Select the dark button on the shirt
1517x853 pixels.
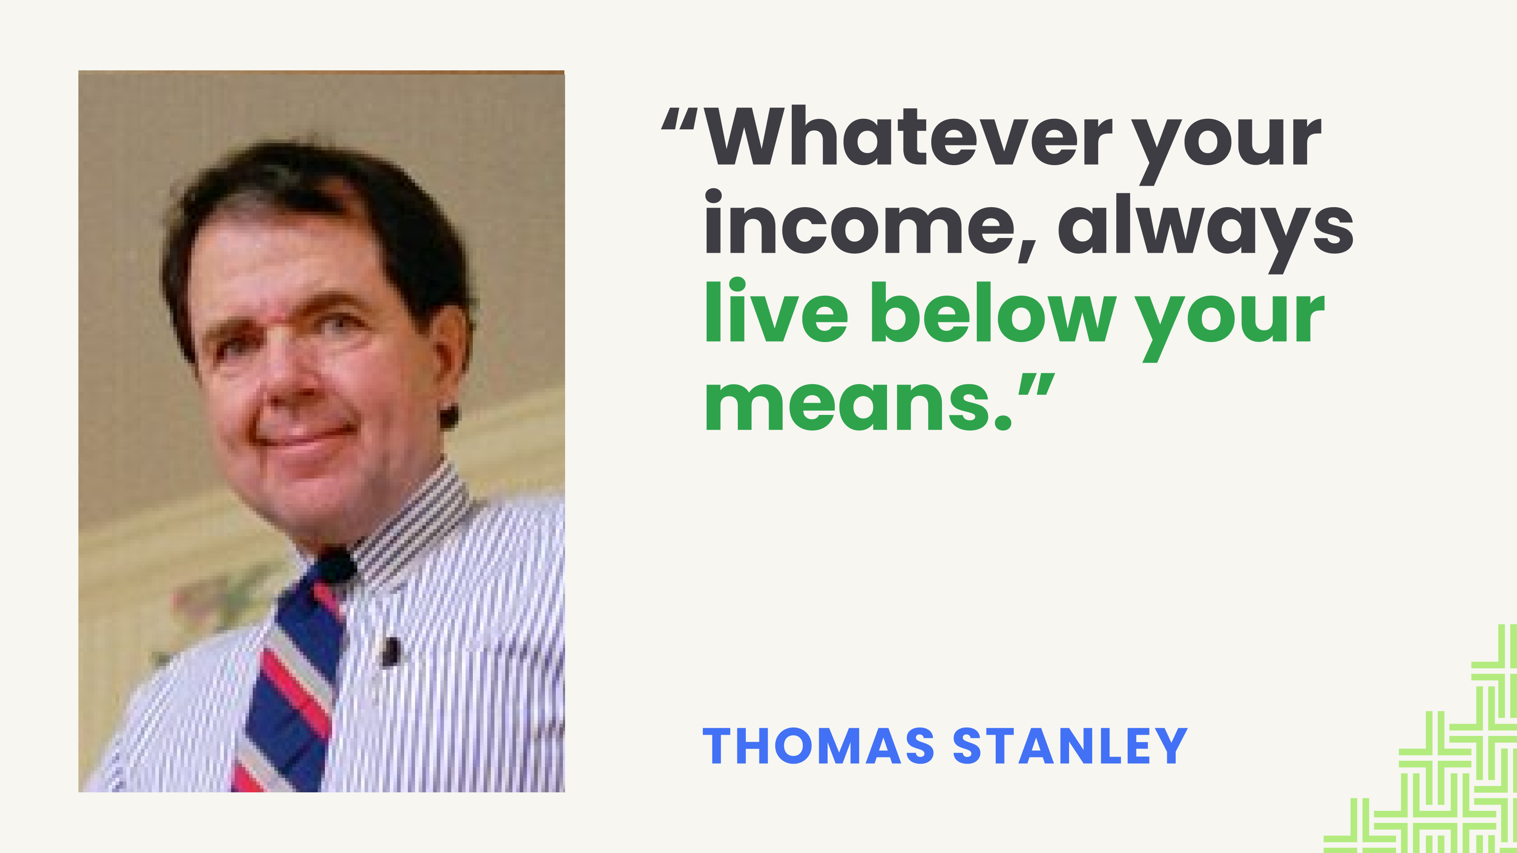[391, 652]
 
